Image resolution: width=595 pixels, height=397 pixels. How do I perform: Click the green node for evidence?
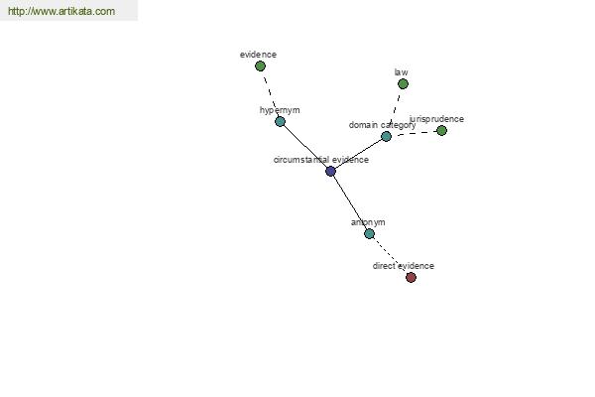260,66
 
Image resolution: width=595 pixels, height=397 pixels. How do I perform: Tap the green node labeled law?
403,84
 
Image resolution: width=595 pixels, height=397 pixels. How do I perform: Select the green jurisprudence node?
441,131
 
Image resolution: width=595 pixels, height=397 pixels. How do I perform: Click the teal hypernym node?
280,121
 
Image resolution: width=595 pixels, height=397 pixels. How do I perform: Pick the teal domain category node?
386,136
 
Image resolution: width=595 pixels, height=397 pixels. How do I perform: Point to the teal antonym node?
369,233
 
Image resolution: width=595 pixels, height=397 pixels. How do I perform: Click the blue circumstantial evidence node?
330,172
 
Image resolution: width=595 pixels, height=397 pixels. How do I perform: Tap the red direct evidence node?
411,277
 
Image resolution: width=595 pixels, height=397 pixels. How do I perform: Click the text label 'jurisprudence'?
436,119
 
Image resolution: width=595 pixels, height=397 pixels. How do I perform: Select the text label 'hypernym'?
280,110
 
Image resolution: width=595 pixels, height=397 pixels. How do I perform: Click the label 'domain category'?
382,125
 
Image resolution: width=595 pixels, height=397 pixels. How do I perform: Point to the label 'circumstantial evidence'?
321,160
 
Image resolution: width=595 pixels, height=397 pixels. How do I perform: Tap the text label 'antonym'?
368,222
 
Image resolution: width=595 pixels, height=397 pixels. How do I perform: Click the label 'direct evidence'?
404,266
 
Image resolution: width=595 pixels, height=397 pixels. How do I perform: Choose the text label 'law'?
401,72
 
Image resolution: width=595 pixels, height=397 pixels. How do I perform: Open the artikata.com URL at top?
61,11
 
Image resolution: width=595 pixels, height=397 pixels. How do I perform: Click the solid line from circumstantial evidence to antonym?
350,202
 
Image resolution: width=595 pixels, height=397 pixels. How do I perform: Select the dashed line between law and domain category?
395,110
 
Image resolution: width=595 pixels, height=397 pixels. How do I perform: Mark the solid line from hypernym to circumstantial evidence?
305,146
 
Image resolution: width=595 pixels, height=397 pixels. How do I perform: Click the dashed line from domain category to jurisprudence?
414,133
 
